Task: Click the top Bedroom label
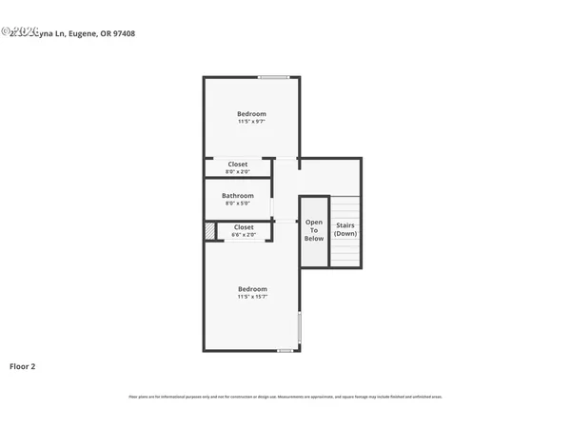pos(251,114)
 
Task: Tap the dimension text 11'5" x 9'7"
pos(251,122)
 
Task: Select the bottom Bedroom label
pos(251,289)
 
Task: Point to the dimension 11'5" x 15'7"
pos(251,297)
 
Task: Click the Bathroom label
pos(237,196)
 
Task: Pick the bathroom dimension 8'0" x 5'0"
pos(237,204)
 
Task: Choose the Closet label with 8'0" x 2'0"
pos(237,165)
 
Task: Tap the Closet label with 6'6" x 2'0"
pos(244,227)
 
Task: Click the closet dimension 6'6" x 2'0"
pos(244,234)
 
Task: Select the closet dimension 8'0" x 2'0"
pos(237,172)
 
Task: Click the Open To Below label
pos(314,230)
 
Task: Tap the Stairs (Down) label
pos(345,229)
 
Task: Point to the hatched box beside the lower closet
pos(209,231)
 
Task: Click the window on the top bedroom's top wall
pos(274,77)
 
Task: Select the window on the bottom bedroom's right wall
pos(300,327)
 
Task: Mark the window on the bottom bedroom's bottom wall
pos(285,351)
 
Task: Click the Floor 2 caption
pos(23,366)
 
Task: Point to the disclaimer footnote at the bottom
pos(285,397)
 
